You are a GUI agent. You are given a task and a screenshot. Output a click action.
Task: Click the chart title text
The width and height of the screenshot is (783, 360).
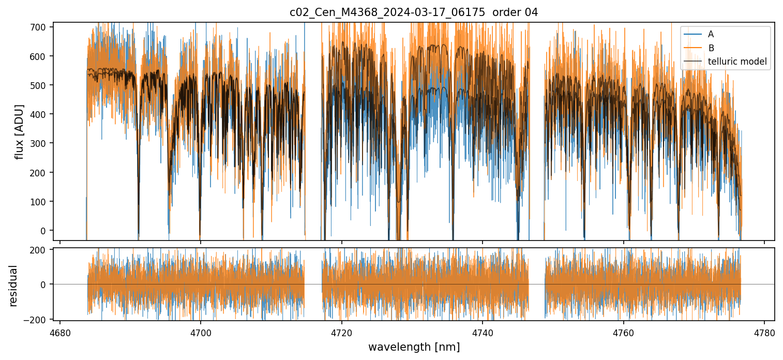tap(414, 12)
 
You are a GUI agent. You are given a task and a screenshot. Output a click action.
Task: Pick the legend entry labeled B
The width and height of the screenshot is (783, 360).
tap(711, 48)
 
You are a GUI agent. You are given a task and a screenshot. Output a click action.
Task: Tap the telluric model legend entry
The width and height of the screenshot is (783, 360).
tap(737, 63)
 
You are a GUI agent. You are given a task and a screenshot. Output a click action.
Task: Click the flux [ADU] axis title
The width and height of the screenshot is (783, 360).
tap(20, 131)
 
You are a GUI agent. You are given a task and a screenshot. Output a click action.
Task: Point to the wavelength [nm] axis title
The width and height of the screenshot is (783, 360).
tap(414, 347)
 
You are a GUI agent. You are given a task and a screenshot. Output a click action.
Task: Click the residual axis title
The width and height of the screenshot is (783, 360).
tap(13, 286)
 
